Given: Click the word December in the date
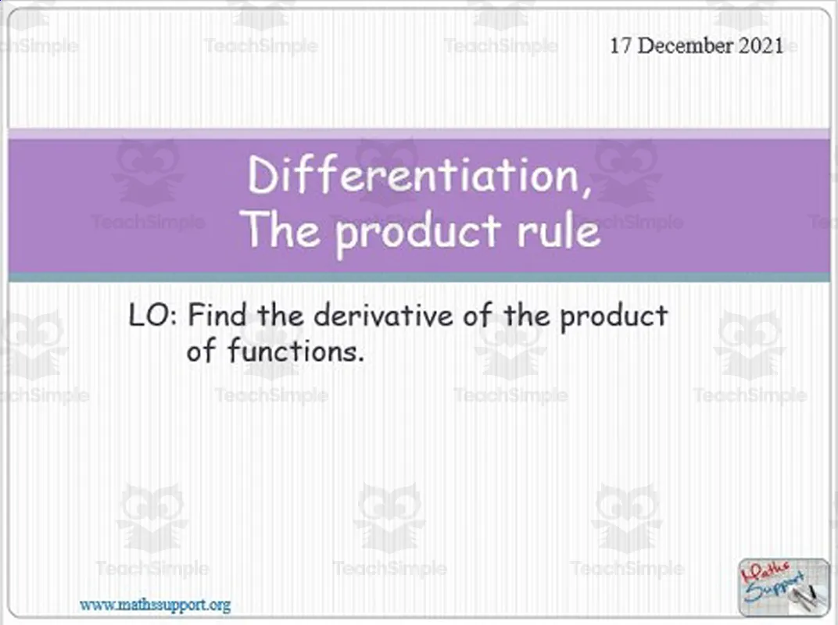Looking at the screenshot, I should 686,45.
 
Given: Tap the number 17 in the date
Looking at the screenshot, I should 621,45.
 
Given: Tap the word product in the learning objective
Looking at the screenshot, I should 614,317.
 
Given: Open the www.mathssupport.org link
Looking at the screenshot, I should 155,605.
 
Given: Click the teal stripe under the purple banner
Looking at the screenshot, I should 419,277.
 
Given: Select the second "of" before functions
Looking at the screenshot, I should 200,352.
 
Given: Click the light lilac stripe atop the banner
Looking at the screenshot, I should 419,134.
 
